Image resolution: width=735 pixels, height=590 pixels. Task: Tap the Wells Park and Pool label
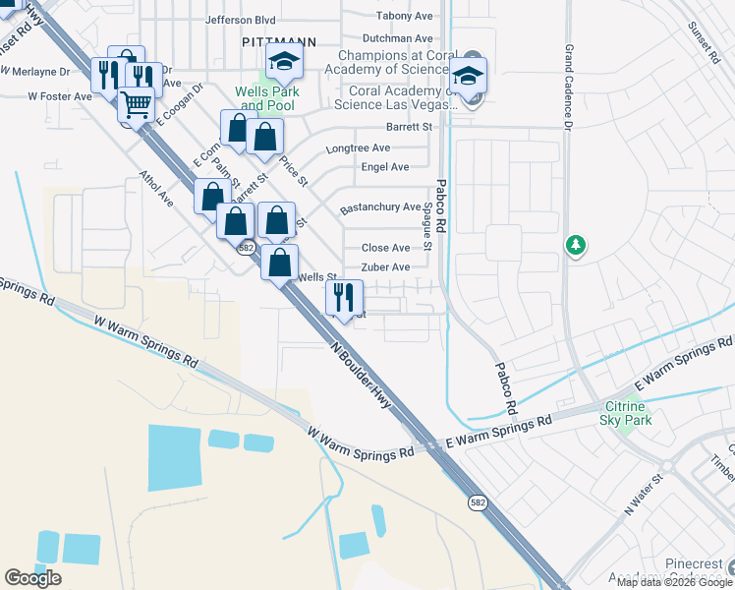pyautogui.click(x=267, y=98)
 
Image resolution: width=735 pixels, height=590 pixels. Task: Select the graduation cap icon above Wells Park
pyautogui.click(x=285, y=62)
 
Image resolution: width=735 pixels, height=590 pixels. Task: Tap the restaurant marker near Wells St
pyautogui.click(x=344, y=296)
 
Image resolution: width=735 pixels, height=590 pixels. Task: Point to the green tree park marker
pyautogui.click(x=575, y=244)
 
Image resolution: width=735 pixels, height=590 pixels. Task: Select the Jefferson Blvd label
pyautogui.click(x=241, y=19)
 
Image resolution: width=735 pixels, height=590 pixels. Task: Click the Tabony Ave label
pyautogui.click(x=405, y=16)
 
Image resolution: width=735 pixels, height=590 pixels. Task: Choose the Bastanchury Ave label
pyautogui.click(x=380, y=208)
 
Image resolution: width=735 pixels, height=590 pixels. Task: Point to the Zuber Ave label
pyautogui.click(x=385, y=267)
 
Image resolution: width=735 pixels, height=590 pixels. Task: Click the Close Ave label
pyautogui.click(x=386, y=248)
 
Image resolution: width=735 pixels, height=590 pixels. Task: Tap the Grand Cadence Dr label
pyautogui.click(x=568, y=88)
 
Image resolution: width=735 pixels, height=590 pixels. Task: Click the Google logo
pyautogui.click(x=32, y=578)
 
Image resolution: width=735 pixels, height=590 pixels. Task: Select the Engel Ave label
pyautogui.click(x=385, y=167)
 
